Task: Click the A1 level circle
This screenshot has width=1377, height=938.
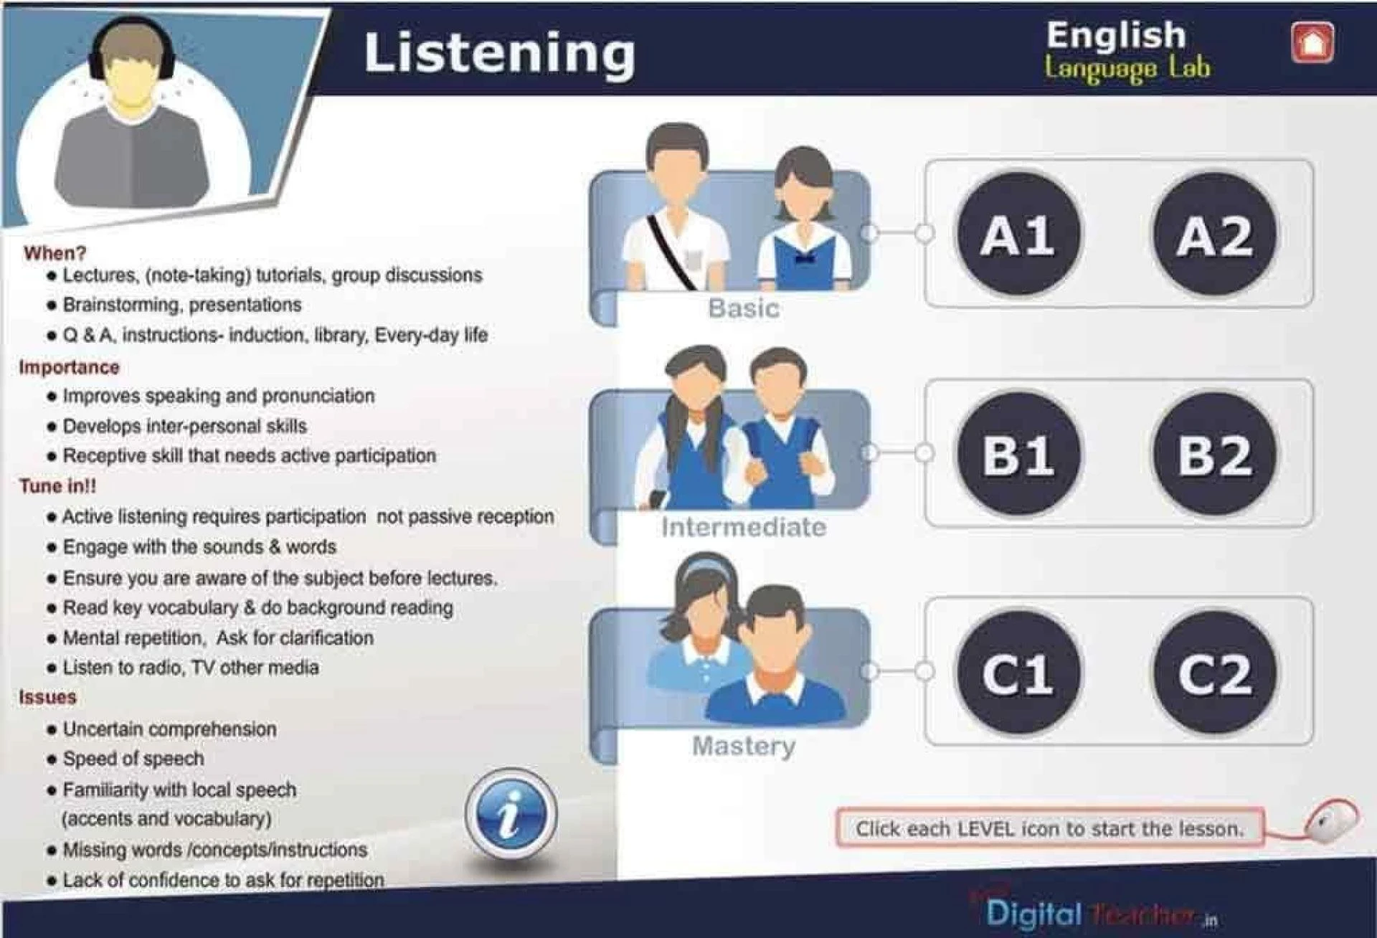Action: [x=1018, y=234]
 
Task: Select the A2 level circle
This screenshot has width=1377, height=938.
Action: [x=1215, y=234]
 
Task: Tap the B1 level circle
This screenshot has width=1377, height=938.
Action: [x=1018, y=454]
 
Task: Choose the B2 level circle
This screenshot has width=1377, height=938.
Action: [x=1215, y=454]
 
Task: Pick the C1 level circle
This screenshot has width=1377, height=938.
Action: [x=1018, y=673]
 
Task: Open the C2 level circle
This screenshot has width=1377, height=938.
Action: [x=1215, y=673]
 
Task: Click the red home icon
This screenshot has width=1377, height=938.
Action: [x=1312, y=43]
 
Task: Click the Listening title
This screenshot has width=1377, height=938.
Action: [x=499, y=54]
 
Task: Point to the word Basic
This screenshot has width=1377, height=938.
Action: [x=744, y=308]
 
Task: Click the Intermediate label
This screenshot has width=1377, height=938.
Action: [x=744, y=528]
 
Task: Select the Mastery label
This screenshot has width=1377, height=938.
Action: [x=744, y=747]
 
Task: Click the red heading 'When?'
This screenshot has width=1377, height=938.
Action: [x=55, y=253]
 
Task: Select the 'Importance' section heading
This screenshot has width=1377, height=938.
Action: [x=69, y=367]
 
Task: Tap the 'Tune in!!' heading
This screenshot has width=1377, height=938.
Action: [x=57, y=486]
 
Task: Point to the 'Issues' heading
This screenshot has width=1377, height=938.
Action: [x=47, y=697]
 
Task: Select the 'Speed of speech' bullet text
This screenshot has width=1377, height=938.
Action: [x=133, y=759]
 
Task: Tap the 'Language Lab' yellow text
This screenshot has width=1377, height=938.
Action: [x=1127, y=68]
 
